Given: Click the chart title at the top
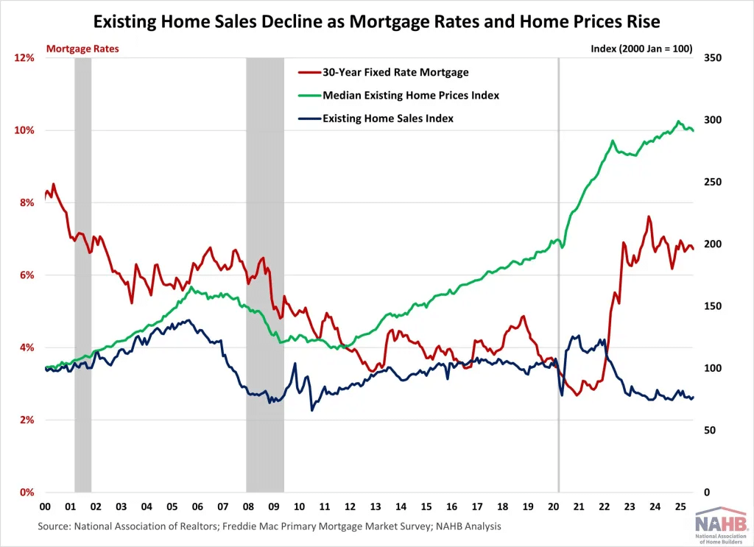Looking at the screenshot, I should coord(377,21).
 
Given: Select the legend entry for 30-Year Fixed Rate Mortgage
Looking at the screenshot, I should coord(395,72).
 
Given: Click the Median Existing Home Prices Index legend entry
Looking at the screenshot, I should coord(410,95).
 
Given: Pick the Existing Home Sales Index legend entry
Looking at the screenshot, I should coord(387,118).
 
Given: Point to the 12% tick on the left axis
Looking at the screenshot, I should coord(24,58).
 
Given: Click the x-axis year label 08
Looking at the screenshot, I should coord(248,507).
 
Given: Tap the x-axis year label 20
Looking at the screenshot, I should coord(553,507).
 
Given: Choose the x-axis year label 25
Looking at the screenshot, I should coord(680,507).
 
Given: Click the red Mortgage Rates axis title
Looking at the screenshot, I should coord(82,49).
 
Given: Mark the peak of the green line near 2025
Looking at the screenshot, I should coord(678,121).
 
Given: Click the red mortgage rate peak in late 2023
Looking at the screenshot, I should coord(648,216).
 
